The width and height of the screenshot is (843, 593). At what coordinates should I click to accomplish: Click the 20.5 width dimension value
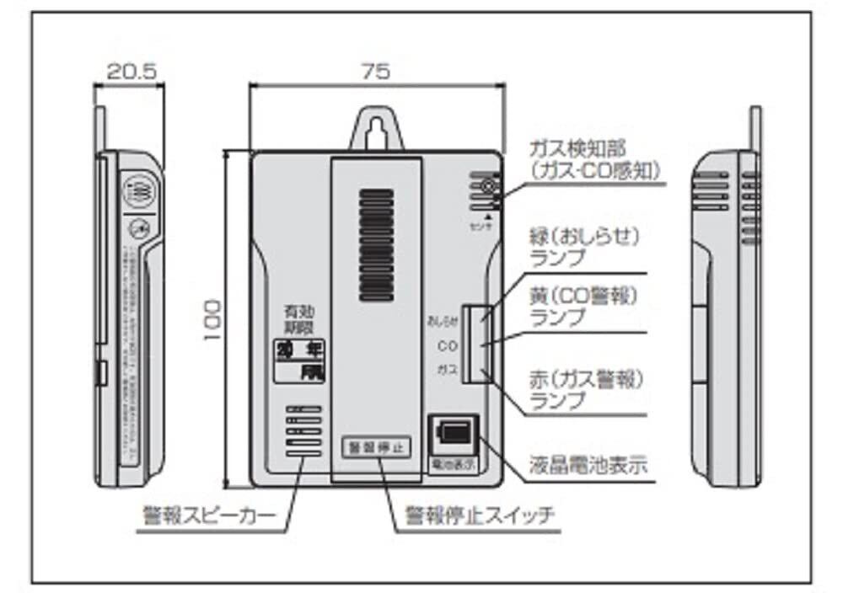[131, 72]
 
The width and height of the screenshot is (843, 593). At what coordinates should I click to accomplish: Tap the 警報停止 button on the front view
[376, 447]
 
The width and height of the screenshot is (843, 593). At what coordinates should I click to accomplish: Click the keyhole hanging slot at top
[376, 127]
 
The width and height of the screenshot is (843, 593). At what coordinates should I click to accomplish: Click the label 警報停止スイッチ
[480, 514]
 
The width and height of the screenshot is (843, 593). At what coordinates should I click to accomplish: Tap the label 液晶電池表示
[589, 465]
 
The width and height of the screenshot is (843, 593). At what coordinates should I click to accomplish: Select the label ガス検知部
[577, 151]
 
